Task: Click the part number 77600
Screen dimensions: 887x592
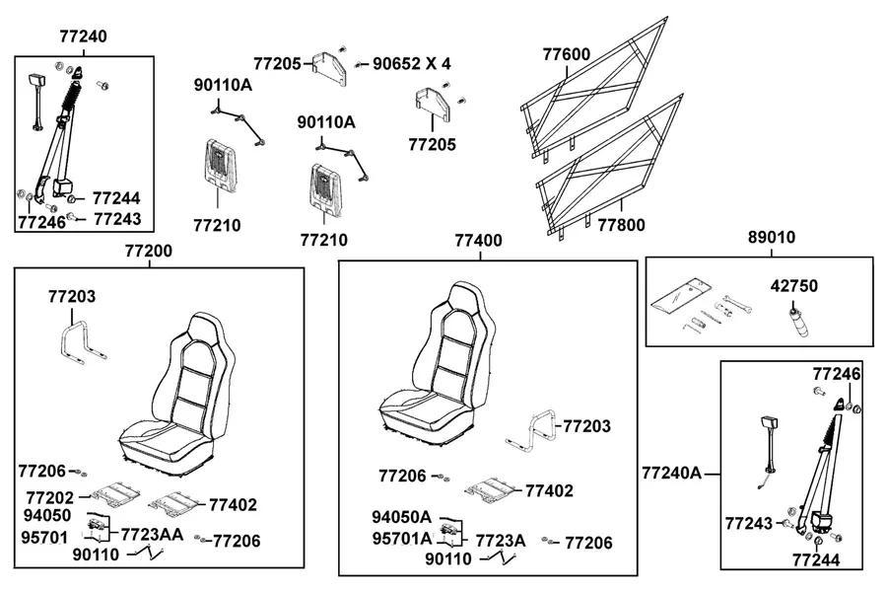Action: point(567,54)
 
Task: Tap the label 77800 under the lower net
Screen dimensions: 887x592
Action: point(621,225)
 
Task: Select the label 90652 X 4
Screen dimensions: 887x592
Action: point(412,63)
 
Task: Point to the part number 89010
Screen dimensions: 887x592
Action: point(772,237)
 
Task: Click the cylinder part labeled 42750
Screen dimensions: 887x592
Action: point(797,323)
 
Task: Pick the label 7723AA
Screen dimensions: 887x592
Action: point(152,534)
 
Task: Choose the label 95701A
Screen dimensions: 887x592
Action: point(402,538)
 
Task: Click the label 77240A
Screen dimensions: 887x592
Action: point(671,473)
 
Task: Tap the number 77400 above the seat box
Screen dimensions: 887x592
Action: point(479,240)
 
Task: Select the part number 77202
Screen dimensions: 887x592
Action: point(50,497)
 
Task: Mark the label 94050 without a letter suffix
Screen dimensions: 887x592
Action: point(47,515)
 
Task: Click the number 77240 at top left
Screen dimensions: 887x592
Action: point(83,37)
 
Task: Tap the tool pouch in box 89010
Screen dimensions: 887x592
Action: point(678,298)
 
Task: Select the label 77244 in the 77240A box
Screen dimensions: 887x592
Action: point(816,559)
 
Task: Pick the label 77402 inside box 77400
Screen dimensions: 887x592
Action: point(549,490)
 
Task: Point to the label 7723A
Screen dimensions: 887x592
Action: point(500,541)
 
